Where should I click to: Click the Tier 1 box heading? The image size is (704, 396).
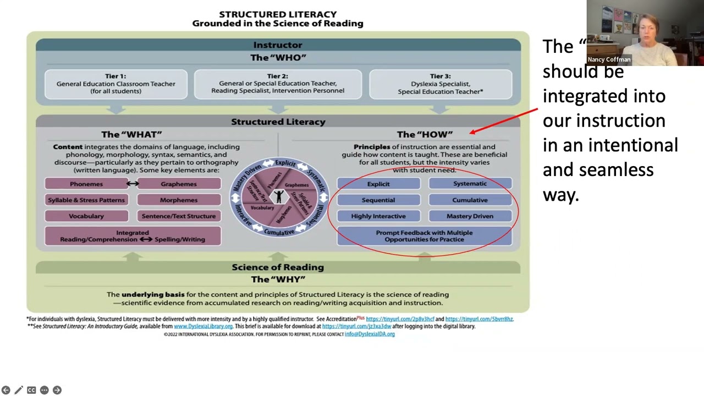pyautogui.click(x=116, y=76)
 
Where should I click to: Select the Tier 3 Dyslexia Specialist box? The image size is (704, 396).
pyautogui.click(x=441, y=84)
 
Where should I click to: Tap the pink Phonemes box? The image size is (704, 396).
pyautogui.click(x=86, y=184)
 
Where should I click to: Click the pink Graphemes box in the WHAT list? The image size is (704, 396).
pyautogui.click(x=179, y=184)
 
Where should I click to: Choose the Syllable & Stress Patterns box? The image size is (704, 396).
pyautogui.click(x=86, y=200)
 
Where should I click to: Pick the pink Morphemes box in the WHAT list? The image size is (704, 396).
pyautogui.click(x=179, y=200)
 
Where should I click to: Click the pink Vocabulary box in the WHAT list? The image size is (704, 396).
pyautogui.click(x=86, y=216)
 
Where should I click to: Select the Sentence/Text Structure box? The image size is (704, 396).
pyautogui.click(x=179, y=216)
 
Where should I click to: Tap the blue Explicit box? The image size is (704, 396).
pyautogui.click(x=378, y=184)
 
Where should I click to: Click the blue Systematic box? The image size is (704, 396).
pyautogui.click(x=470, y=184)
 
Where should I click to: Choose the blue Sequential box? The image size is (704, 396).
pyautogui.click(x=378, y=200)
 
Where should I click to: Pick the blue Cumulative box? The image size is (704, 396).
pyautogui.click(x=470, y=200)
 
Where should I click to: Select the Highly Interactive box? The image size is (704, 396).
pyautogui.click(x=378, y=216)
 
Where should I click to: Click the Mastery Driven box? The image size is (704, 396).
pyautogui.click(x=470, y=216)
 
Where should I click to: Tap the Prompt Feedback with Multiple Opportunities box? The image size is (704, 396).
pyautogui.click(x=424, y=236)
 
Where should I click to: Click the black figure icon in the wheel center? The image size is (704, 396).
pyautogui.click(x=279, y=196)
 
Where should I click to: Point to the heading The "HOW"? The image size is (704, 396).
pyautogui.click(x=425, y=134)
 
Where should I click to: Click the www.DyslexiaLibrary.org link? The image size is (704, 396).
pyautogui.click(x=203, y=326)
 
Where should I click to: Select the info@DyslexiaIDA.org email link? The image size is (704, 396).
pyautogui.click(x=370, y=334)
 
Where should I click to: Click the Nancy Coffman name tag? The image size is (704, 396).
pyautogui.click(x=609, y=59)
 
